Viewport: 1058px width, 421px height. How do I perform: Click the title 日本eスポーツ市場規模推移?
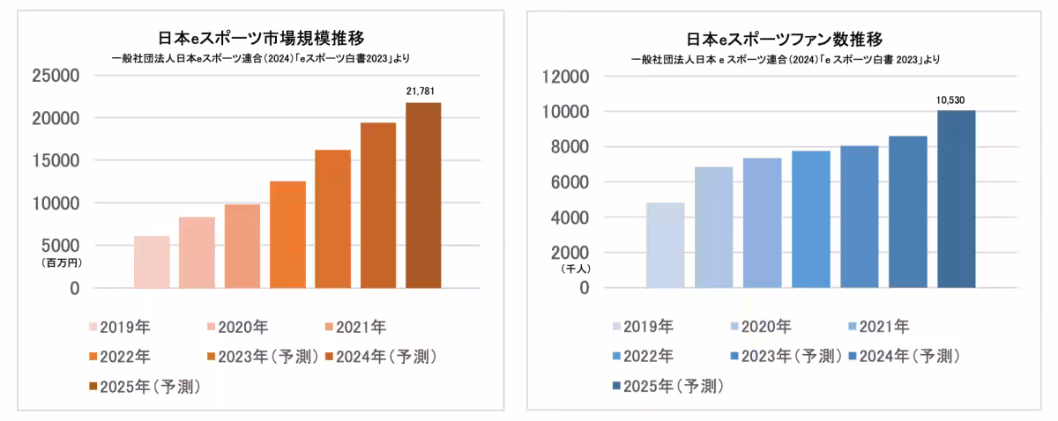click(260, 38)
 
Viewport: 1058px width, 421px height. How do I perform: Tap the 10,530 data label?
click(956, 100)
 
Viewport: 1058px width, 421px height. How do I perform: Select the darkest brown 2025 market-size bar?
click(423, 196)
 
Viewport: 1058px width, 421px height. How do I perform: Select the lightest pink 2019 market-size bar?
click(152, 262)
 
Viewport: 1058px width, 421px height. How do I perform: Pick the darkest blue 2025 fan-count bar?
click(956, 199)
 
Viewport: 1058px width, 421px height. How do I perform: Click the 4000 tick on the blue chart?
click(568, 218)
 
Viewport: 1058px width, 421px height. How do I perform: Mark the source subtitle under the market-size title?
click(260, 58)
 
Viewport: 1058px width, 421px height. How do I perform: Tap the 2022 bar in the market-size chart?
click(287, 234)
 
